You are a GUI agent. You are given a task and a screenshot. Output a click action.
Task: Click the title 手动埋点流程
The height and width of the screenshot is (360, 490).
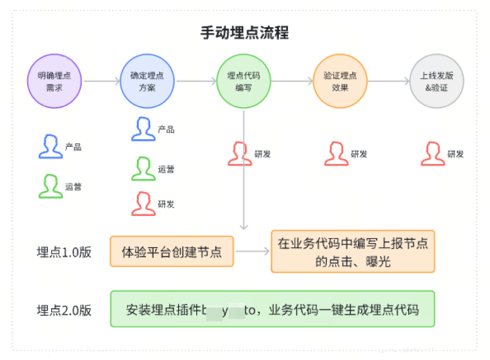pyautogui.click(x=245, y=33)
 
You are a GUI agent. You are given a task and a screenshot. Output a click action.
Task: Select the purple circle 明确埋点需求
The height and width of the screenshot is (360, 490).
pyautogui.click(x=55, y=81)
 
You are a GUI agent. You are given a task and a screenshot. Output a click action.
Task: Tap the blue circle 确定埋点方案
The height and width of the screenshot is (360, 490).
pyautogui.click(x=147, y=81)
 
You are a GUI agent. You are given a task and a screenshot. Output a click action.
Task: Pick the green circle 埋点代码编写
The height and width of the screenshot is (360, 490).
pyautogui.click(x=244, y=81)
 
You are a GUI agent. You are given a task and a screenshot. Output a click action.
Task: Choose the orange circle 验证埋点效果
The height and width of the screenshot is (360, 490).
pyautogui.click(x=340, y=81)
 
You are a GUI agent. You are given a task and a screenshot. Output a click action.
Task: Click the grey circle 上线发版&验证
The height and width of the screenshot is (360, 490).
pyautogui.click(x=437, y=81)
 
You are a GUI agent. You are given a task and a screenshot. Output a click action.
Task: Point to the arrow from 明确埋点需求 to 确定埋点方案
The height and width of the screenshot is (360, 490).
pyautogui.click(x=101, y=81)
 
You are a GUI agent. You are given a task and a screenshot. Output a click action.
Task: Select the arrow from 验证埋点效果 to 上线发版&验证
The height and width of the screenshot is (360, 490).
pyautogui.click(x=389, y=81)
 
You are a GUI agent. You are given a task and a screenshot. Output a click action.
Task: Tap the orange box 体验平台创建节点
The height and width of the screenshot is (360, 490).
pyautogui.click(x=172, y=251)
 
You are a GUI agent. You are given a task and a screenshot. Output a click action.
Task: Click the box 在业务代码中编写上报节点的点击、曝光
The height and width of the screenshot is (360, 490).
pyautogui.click(x=353, y=251)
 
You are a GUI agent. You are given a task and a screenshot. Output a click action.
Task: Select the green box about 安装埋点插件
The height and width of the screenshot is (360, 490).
pyautogui.click(x=272, y=309)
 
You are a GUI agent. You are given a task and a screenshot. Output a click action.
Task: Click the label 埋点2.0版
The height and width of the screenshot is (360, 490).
pyautogui.click(x=64, y=310)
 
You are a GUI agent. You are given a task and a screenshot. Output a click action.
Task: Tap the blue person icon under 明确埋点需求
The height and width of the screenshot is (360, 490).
pyautogui.click(x=50, y=146)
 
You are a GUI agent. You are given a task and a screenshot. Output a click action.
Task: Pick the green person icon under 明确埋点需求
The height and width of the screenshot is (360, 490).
pyautogui.click(x=50, y=186)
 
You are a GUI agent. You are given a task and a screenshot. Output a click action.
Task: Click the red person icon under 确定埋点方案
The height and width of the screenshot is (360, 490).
pyautogui.click(x=143, y=204)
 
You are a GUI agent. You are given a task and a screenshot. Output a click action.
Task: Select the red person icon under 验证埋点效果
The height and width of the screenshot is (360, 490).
pyautogui.click(x=336, y=154)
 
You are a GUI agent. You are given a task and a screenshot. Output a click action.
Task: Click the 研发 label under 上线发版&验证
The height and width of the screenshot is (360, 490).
pyautogui.click(x=456, y=154)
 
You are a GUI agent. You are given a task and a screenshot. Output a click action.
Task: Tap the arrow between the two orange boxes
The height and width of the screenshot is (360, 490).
pyautogui.click(x=252, y=251)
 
